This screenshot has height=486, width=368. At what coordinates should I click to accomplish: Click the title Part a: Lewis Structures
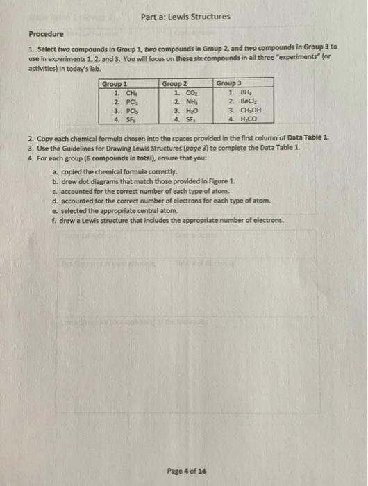click(x=183, y=17)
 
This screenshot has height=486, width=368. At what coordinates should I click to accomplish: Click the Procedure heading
click(x=46, y=33)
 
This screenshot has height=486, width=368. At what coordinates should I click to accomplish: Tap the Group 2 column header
click(x=175, y=84)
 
